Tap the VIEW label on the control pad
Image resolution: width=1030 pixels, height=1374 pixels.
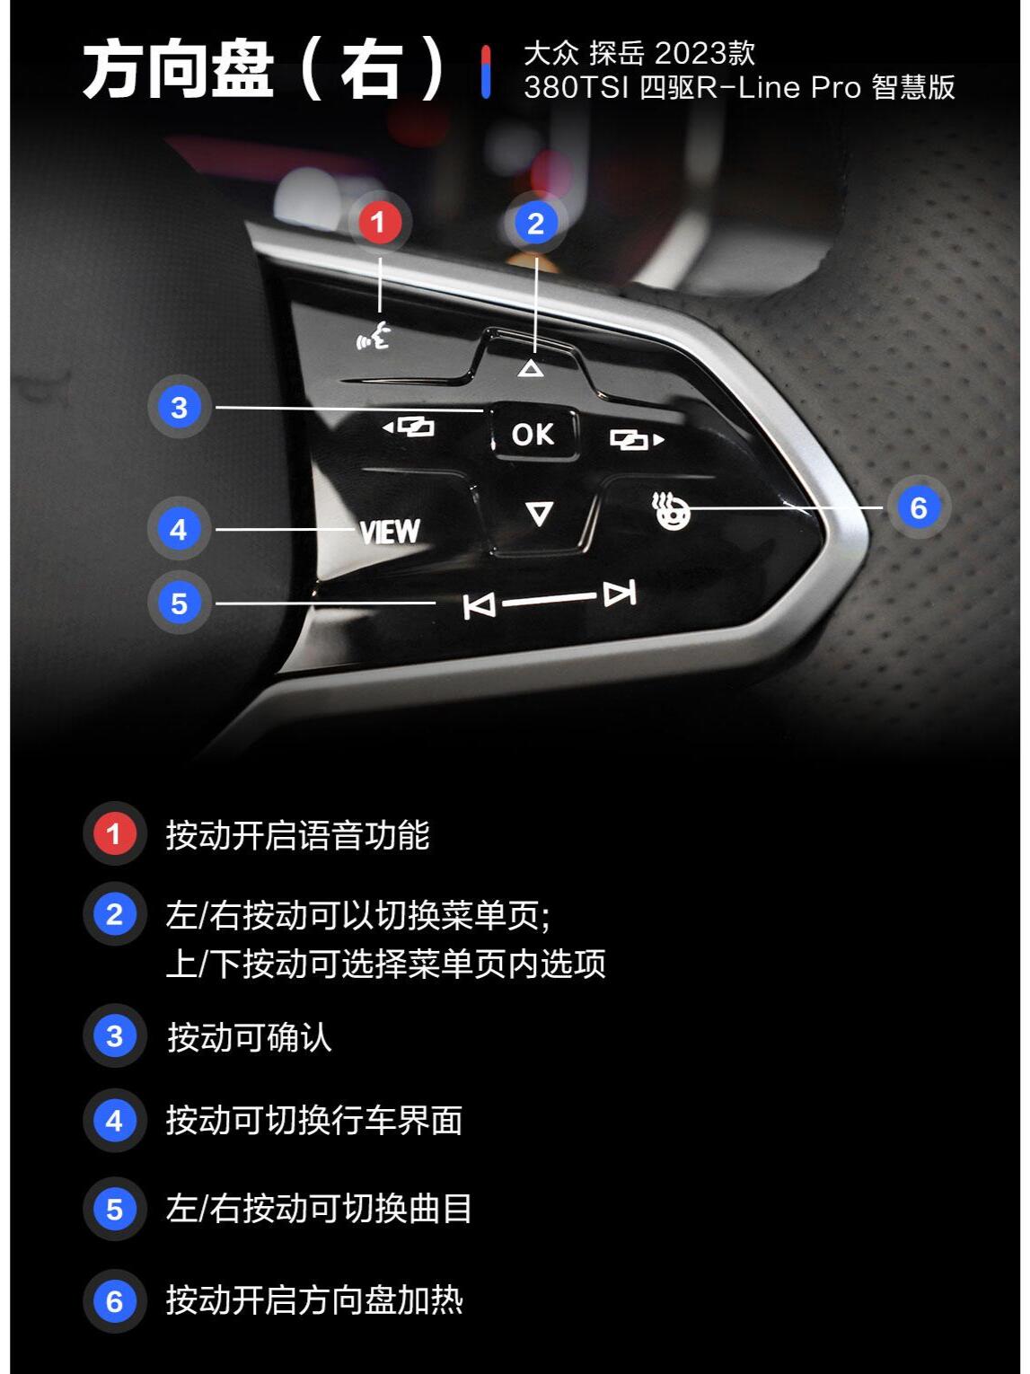click(389, 532)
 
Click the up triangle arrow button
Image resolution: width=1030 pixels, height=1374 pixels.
click(531, 368)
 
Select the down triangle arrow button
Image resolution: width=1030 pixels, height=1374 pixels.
click(539, 514)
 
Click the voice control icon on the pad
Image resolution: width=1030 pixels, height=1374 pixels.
click(374, 336)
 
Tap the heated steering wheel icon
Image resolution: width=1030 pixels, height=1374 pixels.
click(670, 510)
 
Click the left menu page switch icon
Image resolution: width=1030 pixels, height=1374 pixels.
click(408, 427)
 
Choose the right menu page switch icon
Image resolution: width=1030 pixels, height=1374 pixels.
click(637, 439)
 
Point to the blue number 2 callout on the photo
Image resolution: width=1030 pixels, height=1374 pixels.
click(535, 224)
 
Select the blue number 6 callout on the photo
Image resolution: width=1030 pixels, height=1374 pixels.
click(918, 507)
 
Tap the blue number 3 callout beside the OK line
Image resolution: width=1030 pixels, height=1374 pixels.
click(179, 408)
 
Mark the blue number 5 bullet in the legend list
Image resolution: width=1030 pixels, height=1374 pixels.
click(115, 1209)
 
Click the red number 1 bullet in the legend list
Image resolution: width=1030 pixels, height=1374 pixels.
click(115, 833)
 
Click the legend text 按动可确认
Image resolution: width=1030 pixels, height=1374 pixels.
click(249, 1037)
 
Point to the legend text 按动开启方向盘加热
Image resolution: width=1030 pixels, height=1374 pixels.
click(314, 1300)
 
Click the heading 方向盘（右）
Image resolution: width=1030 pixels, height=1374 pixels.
click(263, 69)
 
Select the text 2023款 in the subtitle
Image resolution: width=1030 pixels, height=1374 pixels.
click(705, 53)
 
